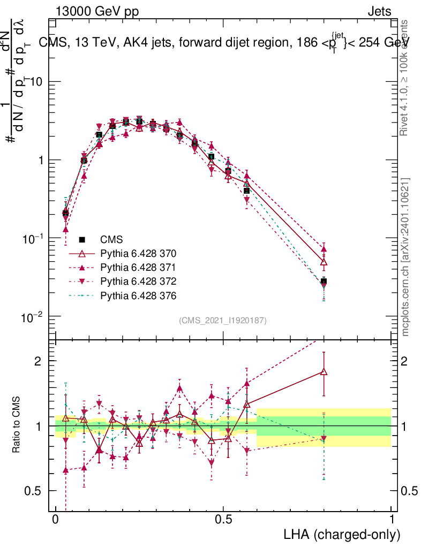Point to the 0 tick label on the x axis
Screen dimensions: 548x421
56,520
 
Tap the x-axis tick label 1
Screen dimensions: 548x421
392,520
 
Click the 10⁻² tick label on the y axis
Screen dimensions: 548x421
33,317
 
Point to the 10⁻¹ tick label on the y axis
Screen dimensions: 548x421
33,238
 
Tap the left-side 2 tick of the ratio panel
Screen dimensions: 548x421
41,361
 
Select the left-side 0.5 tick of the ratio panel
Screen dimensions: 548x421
36,491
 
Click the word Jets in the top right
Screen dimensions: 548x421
379,12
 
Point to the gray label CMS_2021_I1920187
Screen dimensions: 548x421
223,320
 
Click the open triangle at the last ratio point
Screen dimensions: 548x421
324,372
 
